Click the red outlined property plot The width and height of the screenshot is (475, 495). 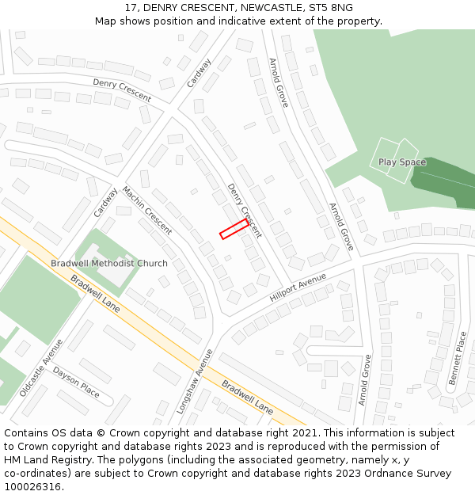click(234, 229)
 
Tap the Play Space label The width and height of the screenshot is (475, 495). click(401, 162)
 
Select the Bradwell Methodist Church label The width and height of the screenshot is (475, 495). click(109, 264)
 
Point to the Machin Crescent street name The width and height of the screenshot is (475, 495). click(146, 211)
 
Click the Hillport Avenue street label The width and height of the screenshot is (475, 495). click(298, 287)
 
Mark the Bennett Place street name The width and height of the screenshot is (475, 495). click(458, 358)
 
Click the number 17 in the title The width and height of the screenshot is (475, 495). click(131, 8)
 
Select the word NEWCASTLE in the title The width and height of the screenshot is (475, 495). click(260, 8)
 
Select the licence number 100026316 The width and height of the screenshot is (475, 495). click(33, 487)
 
